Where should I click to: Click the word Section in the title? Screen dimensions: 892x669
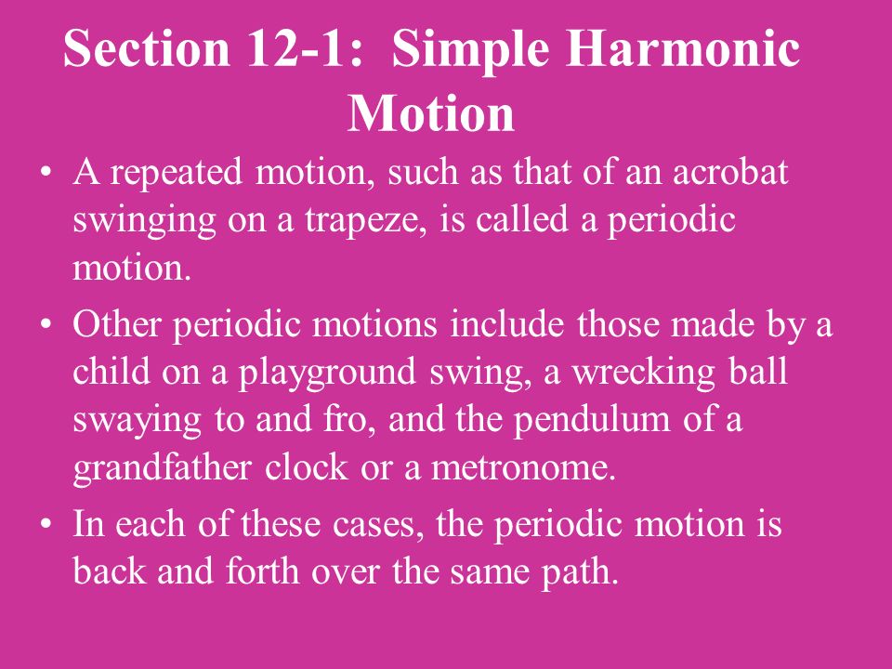pos(147,49)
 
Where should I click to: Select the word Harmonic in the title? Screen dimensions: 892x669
pos(683,49)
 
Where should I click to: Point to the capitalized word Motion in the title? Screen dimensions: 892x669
pos(431,113)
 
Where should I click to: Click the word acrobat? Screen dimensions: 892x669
pos(730,172)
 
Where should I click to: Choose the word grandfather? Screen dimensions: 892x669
pos(162,469)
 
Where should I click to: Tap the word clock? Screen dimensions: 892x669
pos(306,467)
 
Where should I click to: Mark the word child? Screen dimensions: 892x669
pos(111,372)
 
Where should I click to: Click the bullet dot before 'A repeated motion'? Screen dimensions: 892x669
pos(46,173)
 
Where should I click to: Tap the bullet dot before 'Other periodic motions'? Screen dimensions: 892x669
pos(46,325)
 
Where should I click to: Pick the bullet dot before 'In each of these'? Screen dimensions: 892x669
pos(46,524)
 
